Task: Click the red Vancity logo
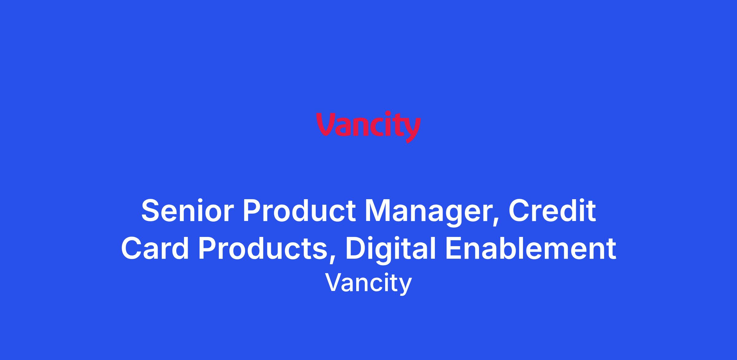[x=368, y=127]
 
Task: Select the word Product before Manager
[x=299, y=211]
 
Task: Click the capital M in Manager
[x=378, y=211]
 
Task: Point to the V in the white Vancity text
[x=334, y=283]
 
